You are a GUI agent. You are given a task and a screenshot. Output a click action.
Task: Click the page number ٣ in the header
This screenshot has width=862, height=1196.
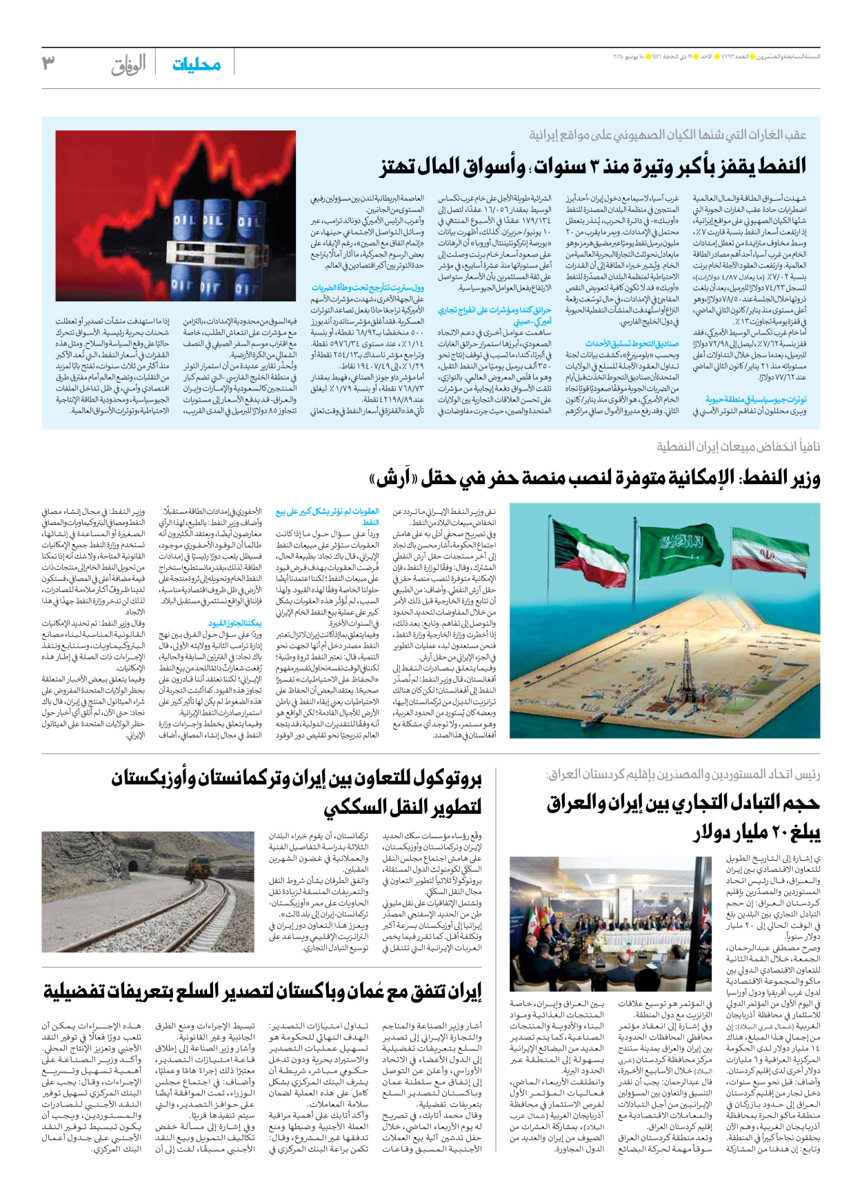48,63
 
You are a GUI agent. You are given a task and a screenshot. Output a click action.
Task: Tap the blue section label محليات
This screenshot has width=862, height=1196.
197,64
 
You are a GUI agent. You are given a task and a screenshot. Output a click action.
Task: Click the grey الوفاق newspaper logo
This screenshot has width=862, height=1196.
129,65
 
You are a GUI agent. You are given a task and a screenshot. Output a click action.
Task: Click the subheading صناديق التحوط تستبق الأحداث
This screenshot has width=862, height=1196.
632,343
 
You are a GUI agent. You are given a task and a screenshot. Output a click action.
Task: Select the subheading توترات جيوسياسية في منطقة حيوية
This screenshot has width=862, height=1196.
756,399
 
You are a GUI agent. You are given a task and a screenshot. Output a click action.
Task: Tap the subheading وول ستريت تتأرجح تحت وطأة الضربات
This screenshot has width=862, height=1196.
368,288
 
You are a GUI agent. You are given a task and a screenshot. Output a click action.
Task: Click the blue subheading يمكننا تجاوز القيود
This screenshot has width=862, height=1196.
235,623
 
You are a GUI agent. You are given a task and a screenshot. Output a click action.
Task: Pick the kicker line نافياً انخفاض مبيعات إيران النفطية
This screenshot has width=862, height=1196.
738,446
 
